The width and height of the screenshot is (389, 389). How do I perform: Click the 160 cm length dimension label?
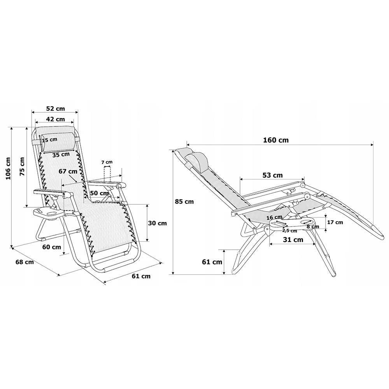click(x=276, y=140)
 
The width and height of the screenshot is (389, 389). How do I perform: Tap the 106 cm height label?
click(x=8, y=169)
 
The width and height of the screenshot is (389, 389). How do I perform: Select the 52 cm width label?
click(x=55, y=109)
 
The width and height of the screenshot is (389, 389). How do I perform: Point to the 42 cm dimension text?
click(x=55, y=119)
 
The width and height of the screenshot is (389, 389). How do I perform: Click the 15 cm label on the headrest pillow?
click(x=49, y=140)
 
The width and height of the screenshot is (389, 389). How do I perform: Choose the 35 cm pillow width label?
click(x=61, y=155)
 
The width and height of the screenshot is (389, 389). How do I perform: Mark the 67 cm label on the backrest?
click(x=68, y=172)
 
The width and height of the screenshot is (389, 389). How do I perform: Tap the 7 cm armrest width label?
click(x=107, y=162)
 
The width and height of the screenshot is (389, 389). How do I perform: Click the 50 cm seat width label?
click(x=99, y=193)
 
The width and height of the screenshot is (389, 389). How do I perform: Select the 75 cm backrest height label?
click(x=22, y=166)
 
